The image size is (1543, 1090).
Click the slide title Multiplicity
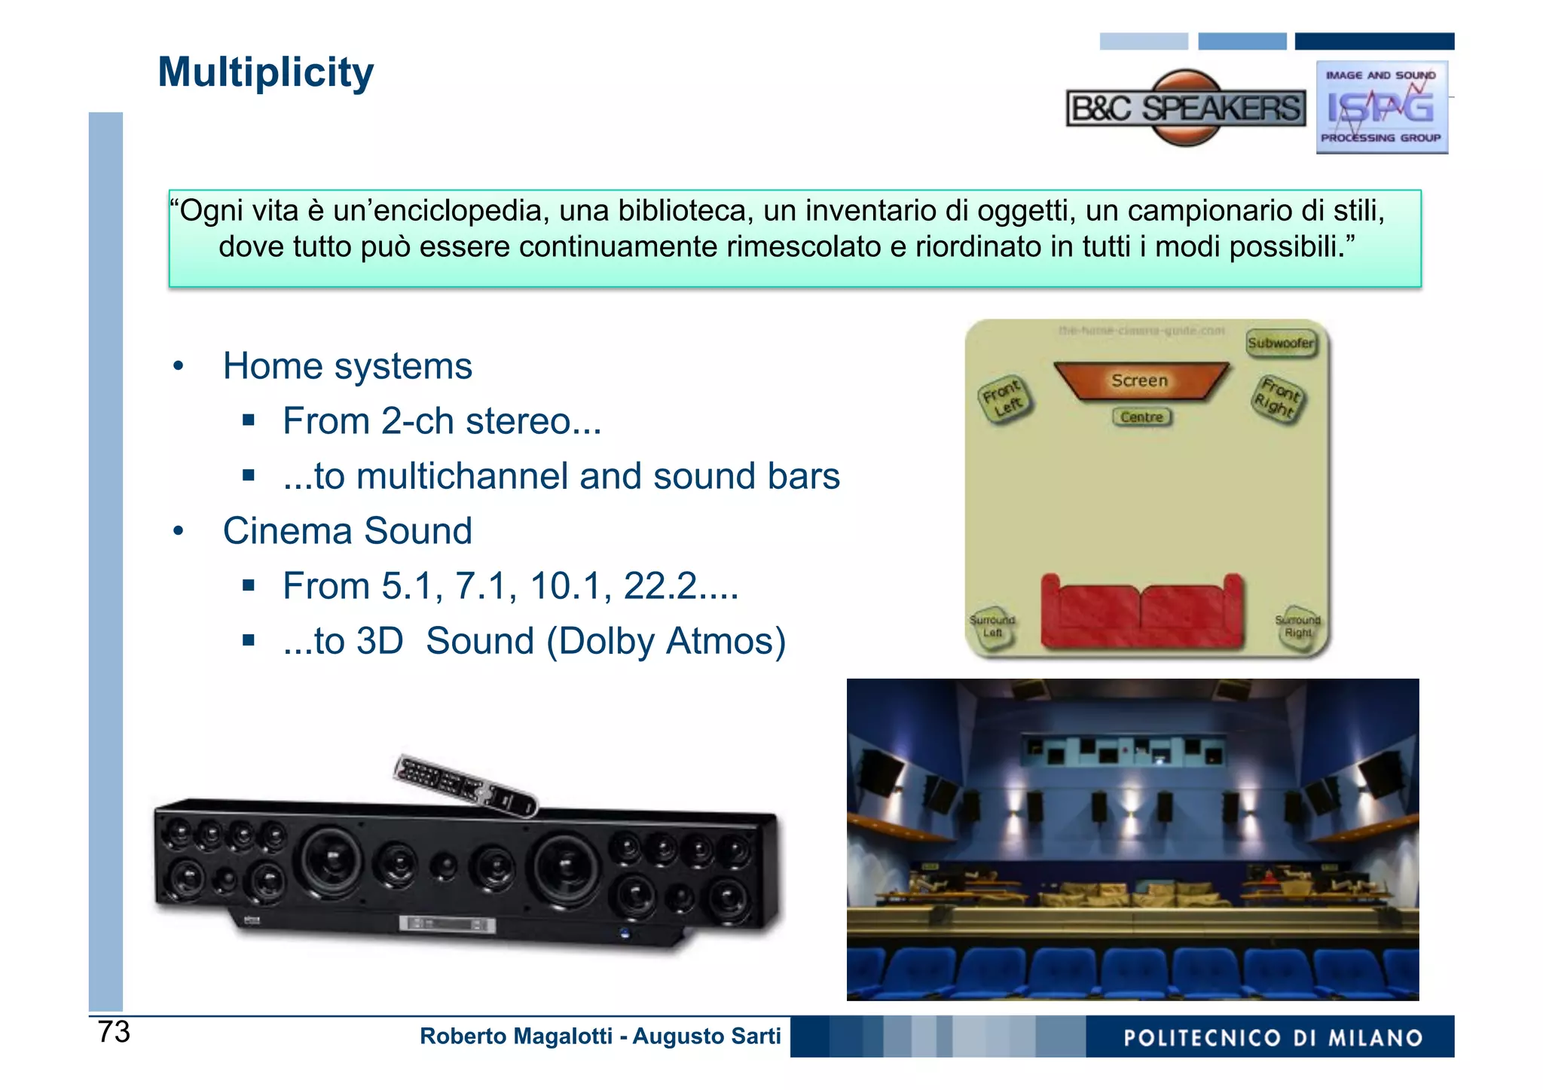(x=265, y=73)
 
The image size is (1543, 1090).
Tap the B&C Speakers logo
(x=1186, y=108)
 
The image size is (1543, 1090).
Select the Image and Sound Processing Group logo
(x=1381, y=108)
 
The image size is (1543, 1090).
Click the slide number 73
(x=114, y=1032)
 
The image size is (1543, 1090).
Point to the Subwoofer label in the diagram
(x=1280, y=343)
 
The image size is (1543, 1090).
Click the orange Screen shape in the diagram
(x=1140, y=380)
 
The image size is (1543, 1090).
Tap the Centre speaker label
(x=1141, y=417)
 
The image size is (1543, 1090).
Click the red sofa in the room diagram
(x=1141, y=612)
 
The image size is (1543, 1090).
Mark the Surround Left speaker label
(x=992, y=626)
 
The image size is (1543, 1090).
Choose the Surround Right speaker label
(x=1297, y=626)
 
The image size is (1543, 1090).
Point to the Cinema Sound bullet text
(x=347, y=531)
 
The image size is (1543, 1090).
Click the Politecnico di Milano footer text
(x=1273, y=1038)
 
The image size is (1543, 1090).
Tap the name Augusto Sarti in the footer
(x=706, y=1037)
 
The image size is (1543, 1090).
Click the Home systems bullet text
(x=347, y=366)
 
